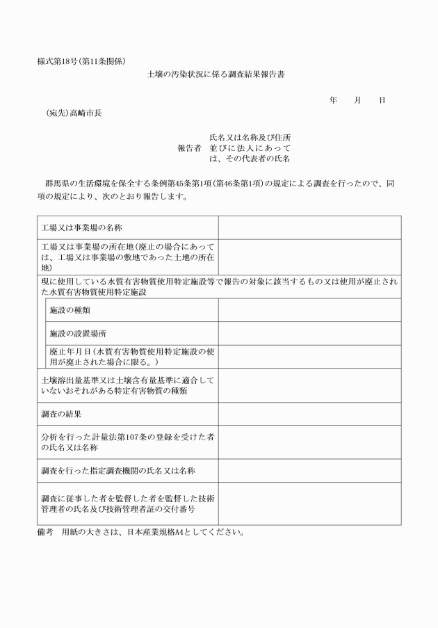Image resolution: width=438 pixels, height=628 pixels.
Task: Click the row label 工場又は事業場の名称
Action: (x=82, y=228)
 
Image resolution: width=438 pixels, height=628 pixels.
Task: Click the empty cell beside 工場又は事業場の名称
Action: (x=309, y=228)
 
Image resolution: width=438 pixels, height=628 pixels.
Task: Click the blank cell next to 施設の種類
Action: (x=309, y=310)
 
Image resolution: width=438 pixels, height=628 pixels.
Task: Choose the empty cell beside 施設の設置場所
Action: (x=309, y=334)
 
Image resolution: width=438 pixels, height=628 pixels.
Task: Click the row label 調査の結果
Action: (x=62, y=414)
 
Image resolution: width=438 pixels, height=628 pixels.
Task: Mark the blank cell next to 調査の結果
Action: (x=309, y=414)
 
